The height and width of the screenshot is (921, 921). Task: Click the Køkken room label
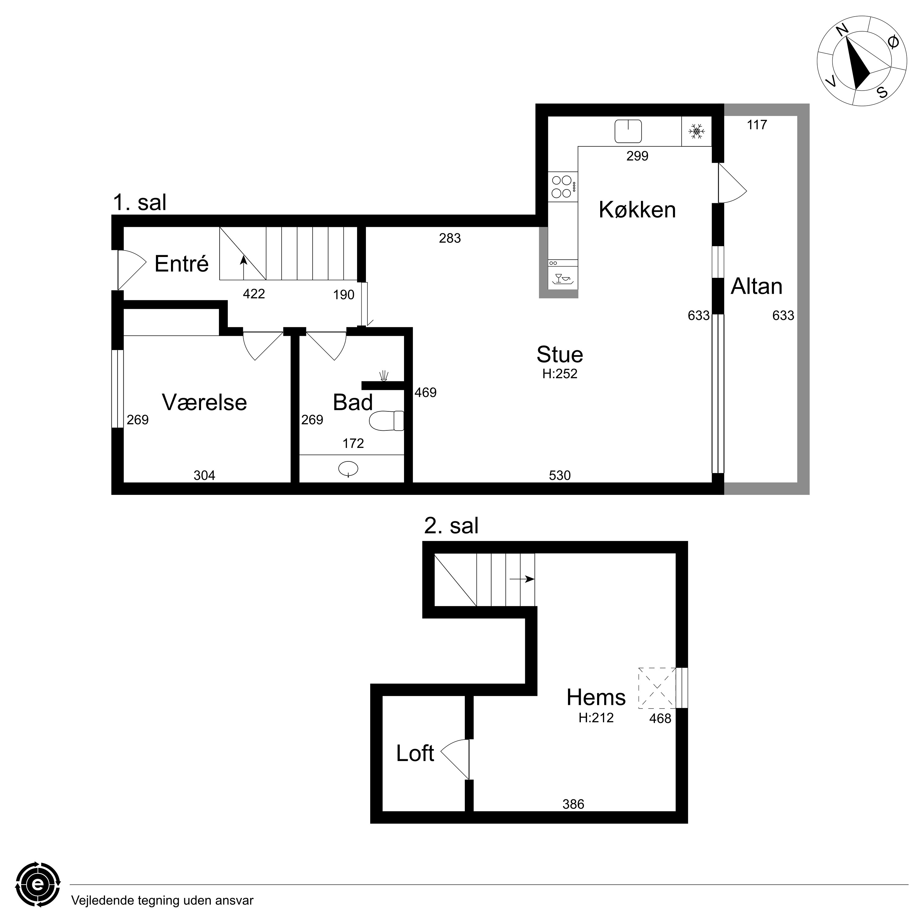[637, 210]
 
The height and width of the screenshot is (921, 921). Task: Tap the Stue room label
[560, 355]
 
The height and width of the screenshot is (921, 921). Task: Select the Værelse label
[204, 402]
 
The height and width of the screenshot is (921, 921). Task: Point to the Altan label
[756, 286]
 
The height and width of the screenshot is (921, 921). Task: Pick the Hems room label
[596, 698]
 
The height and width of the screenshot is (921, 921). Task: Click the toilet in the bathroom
[387, 421]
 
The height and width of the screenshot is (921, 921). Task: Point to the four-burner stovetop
[562, 186]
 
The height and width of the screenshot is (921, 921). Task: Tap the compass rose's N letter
[843, 30]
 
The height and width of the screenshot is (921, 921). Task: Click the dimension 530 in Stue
[560, 475]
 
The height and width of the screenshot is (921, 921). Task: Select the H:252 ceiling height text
[560, 374]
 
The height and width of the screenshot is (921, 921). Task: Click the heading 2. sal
[451, 526]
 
